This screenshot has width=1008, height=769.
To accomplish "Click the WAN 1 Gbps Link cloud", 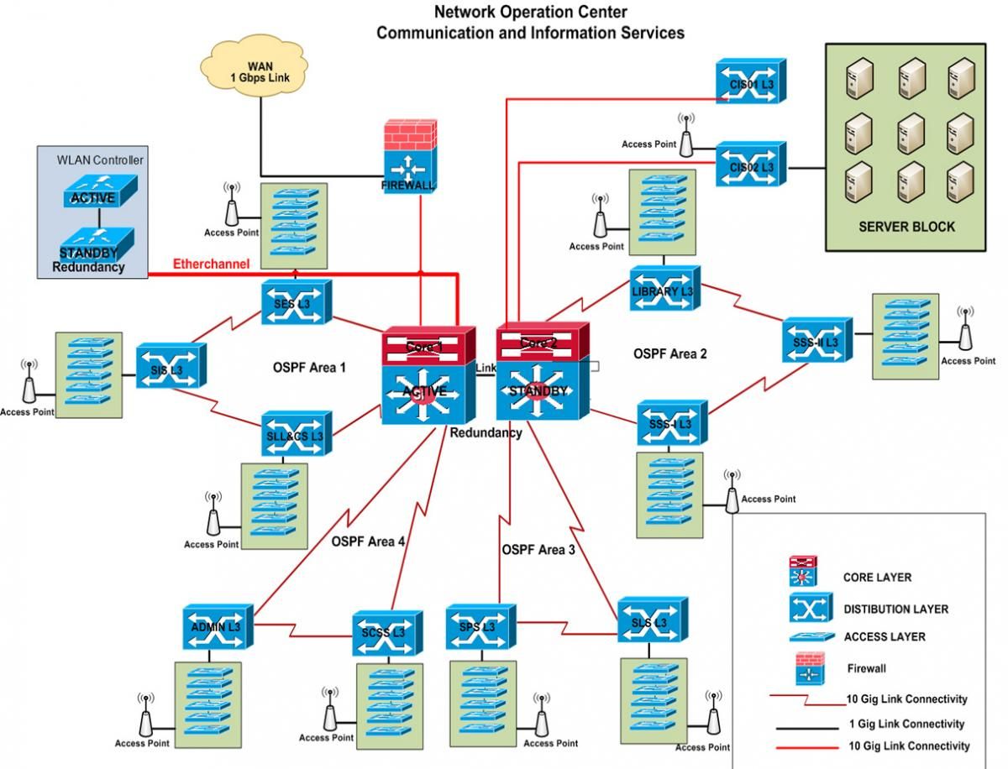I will point(260,71).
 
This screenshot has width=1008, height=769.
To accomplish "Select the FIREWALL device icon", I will point(409,161).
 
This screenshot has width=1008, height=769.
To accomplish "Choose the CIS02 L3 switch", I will point(750,165).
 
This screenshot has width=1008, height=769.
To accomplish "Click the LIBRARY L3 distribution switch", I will point(664,289).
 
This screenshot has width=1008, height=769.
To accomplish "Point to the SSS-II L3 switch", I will point(816,340).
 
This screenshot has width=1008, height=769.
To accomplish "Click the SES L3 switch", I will point(297,301).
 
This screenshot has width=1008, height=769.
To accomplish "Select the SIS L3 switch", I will point(171,364).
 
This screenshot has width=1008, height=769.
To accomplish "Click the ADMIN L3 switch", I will point(217,625).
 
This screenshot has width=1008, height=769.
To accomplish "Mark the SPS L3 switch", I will point(479,626).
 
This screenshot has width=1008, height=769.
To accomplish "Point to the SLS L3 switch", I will point(651,622).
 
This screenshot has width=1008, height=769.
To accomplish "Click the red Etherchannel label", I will point(211,264).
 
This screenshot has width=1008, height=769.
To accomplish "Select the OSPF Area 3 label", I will point(538,550).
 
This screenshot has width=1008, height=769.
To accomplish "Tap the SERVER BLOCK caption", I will point(906,227).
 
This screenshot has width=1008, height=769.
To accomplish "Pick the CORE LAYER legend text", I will point(877,578).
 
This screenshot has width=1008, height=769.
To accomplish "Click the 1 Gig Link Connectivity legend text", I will point(906,724).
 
